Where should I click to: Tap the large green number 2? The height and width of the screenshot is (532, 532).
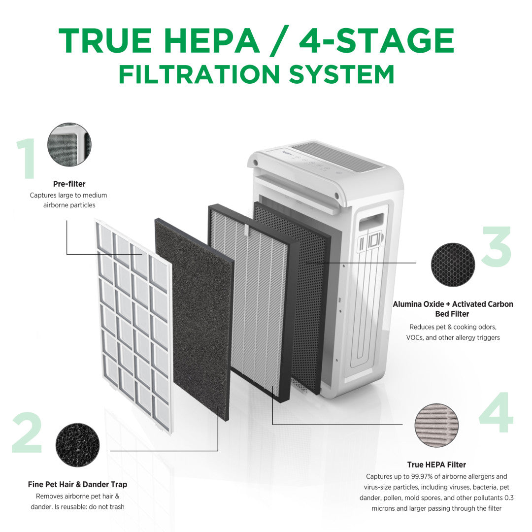28,432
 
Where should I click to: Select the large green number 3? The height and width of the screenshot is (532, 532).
496,247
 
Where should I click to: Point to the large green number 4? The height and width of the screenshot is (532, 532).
496,413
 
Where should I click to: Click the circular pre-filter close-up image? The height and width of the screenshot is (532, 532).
69,145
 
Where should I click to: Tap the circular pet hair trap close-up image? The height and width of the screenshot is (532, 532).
77,445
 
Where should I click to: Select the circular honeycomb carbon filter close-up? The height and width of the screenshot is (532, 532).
453,265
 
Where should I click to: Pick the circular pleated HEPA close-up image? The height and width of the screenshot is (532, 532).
436,425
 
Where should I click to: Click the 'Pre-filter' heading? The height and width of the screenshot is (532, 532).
69,184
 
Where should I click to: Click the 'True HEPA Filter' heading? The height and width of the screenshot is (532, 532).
436,465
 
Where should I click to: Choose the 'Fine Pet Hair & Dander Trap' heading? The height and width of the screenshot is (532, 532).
77,484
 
